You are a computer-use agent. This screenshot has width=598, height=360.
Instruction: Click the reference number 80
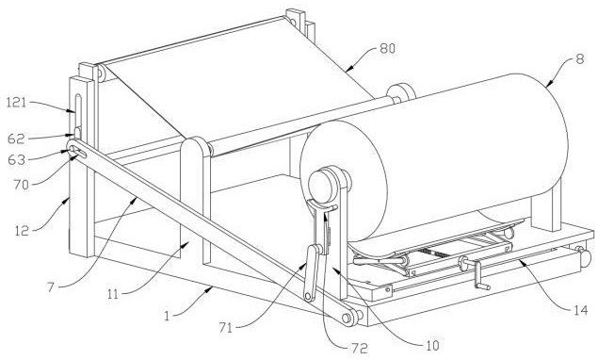coord(387,49)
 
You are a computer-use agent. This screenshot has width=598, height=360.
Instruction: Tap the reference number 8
coord(579,59)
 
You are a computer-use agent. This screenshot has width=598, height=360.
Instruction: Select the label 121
coord(17,103)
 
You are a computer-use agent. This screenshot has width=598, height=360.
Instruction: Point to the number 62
coord(16,139)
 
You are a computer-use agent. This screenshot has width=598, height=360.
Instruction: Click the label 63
coord(16,159)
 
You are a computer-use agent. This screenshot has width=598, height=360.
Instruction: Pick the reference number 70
coord(21,185)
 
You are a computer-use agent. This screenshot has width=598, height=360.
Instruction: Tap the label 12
coord(22,230)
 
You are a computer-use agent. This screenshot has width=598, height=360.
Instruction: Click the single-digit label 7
coord(51,286)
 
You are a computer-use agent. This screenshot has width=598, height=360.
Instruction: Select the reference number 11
coord(113,294)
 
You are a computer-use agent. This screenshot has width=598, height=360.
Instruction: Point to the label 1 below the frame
coord(167,316)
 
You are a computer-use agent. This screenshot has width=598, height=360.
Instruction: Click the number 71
coord(225,328)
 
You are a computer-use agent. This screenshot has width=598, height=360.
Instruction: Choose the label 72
coord(359,348)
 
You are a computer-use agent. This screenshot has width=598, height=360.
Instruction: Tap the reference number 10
coord(431,346)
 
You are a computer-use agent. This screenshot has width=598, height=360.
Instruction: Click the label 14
coord(580,310)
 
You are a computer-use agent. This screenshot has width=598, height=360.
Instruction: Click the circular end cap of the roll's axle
coord(319,187)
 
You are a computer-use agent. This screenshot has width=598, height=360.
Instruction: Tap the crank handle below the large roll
coord(479,275)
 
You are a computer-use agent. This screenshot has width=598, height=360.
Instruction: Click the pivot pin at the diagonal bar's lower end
coord(346,318)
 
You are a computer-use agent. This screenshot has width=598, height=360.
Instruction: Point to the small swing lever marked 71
coord(312,272)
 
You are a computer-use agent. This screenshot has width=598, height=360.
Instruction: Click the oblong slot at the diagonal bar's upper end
coord(78,151)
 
